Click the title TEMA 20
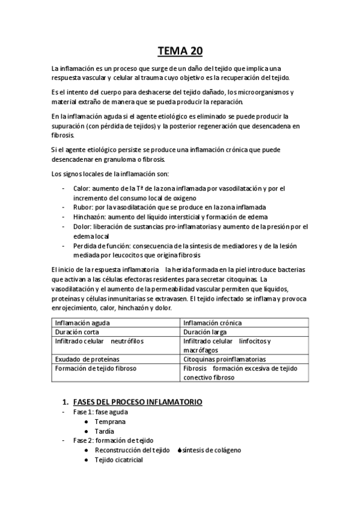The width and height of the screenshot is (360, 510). tap(180, 51)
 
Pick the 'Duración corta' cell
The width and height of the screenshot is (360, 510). tap(78, 331)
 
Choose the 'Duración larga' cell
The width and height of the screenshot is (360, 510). tap(205, 331)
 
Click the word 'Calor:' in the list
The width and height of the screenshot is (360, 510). tap(82, 189)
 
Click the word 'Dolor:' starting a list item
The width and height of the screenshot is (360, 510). tap(82, 226)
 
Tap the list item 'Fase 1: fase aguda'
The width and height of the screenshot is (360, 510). tap(100, 412)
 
